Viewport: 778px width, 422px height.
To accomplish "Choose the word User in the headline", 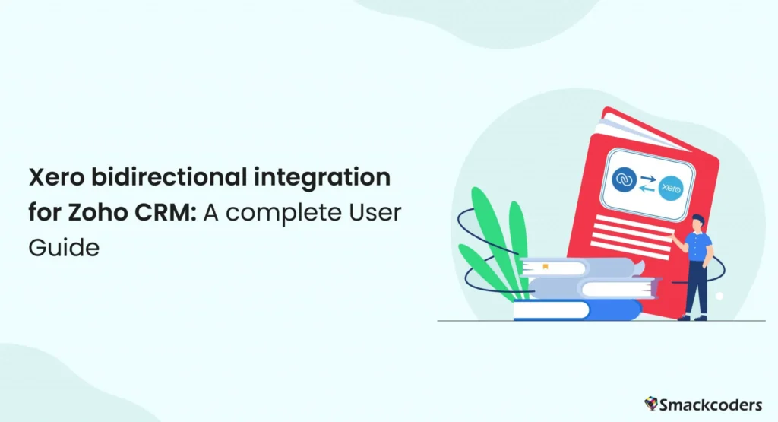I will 377,214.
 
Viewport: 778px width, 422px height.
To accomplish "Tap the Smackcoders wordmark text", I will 715,402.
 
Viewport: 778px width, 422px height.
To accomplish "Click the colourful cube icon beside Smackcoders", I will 651,402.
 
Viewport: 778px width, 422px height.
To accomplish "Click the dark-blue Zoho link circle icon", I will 624,179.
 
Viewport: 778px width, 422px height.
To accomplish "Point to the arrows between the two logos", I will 648,183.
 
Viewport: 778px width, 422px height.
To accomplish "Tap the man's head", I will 698,221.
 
